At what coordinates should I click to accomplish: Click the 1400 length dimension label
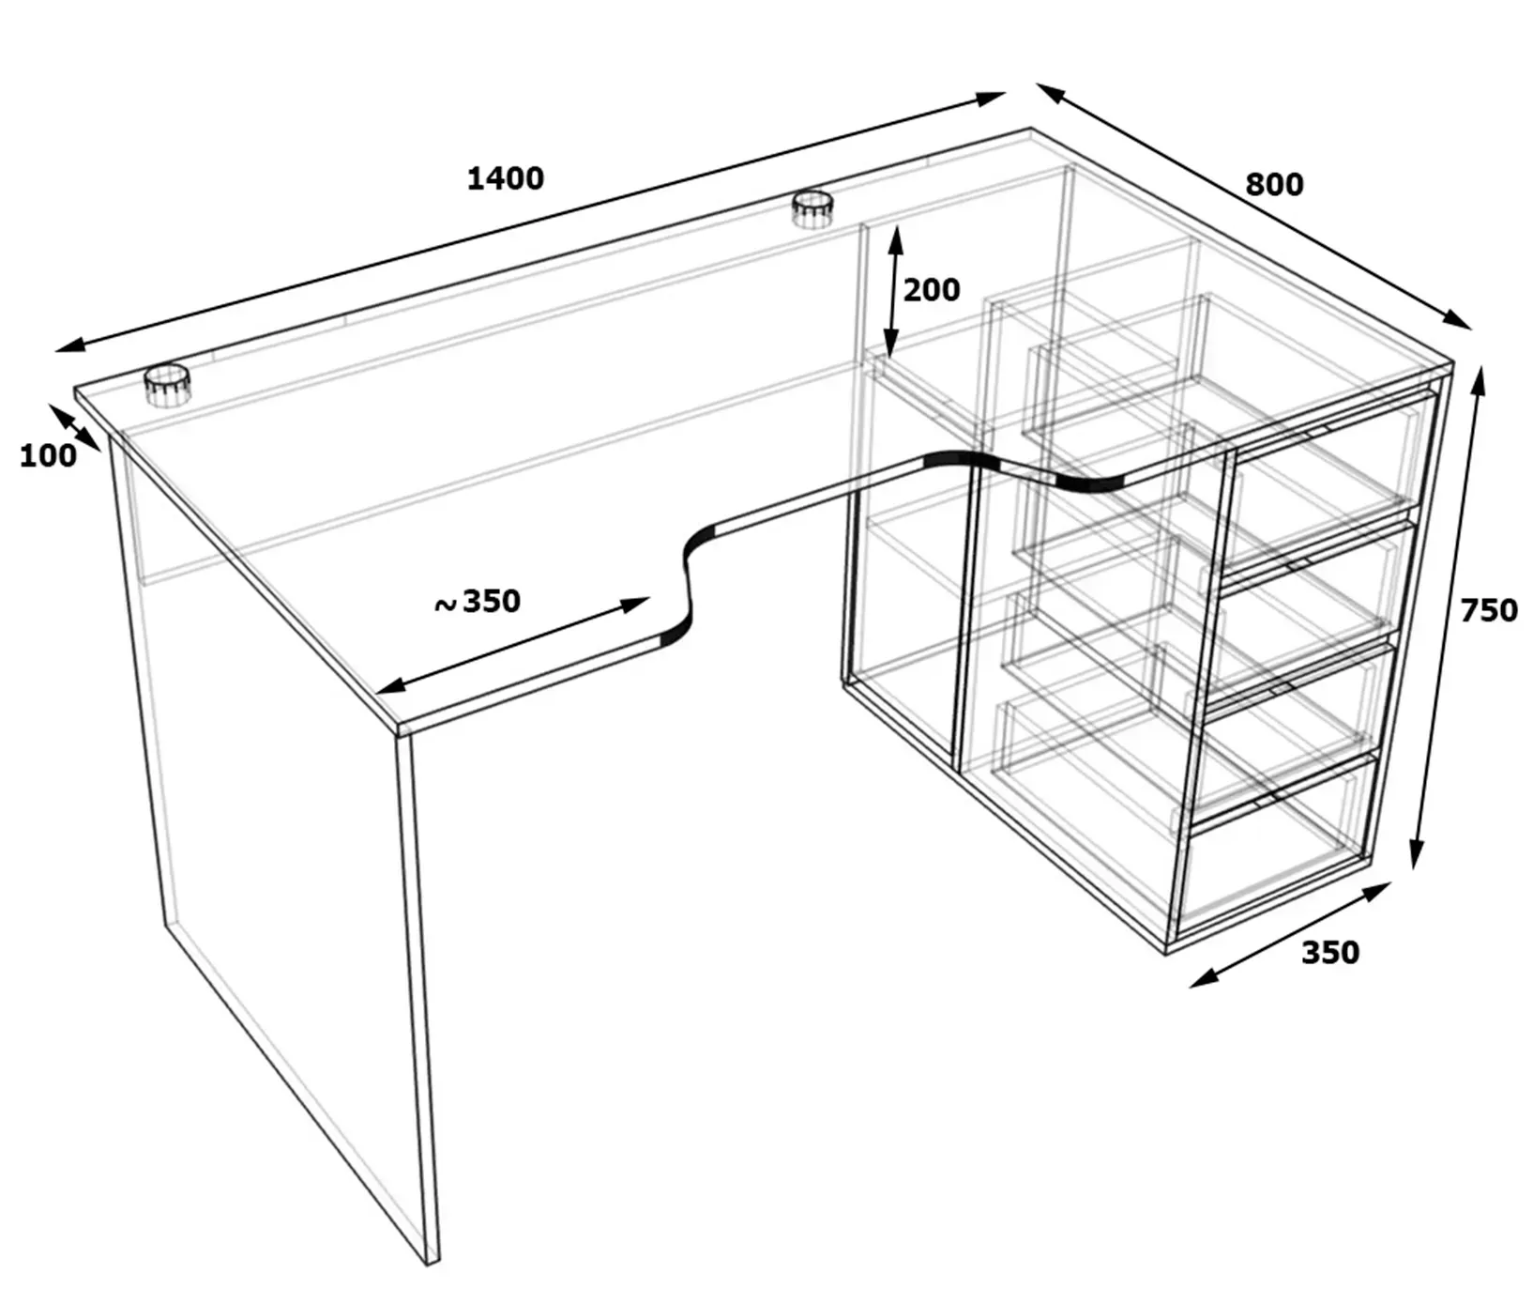(x=506, y=178)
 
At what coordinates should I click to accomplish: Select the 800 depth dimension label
(x=1274, y=185)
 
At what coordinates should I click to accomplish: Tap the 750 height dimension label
(x=1489, y=610)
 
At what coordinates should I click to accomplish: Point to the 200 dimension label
(x=932, y=290)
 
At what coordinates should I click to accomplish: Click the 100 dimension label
(x=48, y=456)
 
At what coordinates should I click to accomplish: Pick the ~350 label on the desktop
(x=478, y=602)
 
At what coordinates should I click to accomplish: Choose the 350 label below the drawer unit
(x=1330, y=953)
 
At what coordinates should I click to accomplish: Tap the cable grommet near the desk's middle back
(x=812, y=208)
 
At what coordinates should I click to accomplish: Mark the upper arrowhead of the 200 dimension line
(x=896, y=240)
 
